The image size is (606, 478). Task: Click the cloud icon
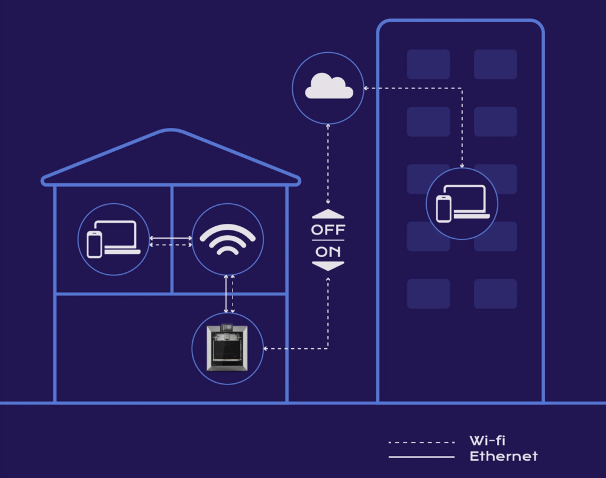pyautogui.click(x=328, y=88)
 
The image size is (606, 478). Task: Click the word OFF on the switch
pyautogui.click(x=328, y=229)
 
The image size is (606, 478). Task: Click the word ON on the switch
pyautogui.click(x=328, y=251)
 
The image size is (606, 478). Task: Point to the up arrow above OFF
pyautogui.click(x=328, y=214)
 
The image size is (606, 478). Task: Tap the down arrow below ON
pyautogui.click(x=328, y=267)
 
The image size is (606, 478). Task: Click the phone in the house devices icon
pyautogui.click(x=94, y=243)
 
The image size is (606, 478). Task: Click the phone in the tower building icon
pyautogui.click(x=444, y=208)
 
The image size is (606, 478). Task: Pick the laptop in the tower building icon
pyautogui.click(x=470, y=201)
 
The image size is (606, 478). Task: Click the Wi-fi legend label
pyautogui.click(x=487, y=441)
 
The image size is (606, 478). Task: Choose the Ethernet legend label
pyautogui.click(x=503, y=456)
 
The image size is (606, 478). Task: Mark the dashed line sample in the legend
pyautogui.click(x=421, y=442)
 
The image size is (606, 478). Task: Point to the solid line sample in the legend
pyautogui.click(x=421, y=457)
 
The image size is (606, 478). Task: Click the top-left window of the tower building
pyautogui.click(x=428, y=64)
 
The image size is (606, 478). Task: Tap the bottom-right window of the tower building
pyautogui.click(x=495, y=294)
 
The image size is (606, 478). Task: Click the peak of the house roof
pyautogui.click(x=170, y=131)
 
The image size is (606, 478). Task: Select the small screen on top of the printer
pyautogui.click(x=227, y=328)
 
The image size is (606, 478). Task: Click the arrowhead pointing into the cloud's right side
pyautogui.click(x=366, y=88)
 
